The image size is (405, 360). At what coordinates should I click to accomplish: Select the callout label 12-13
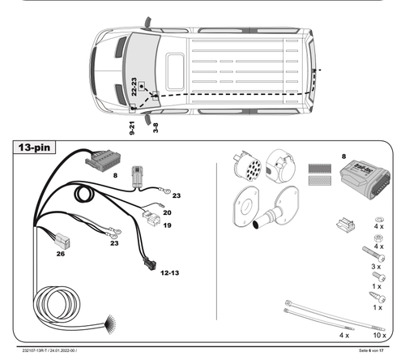click(170, 273)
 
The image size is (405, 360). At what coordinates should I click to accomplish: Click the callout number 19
click(167, 225)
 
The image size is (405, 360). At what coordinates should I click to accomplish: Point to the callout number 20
click(167, 212)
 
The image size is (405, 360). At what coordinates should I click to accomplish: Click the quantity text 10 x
click(377, 334)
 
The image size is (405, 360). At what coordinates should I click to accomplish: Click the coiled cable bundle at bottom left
click(62, 308)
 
